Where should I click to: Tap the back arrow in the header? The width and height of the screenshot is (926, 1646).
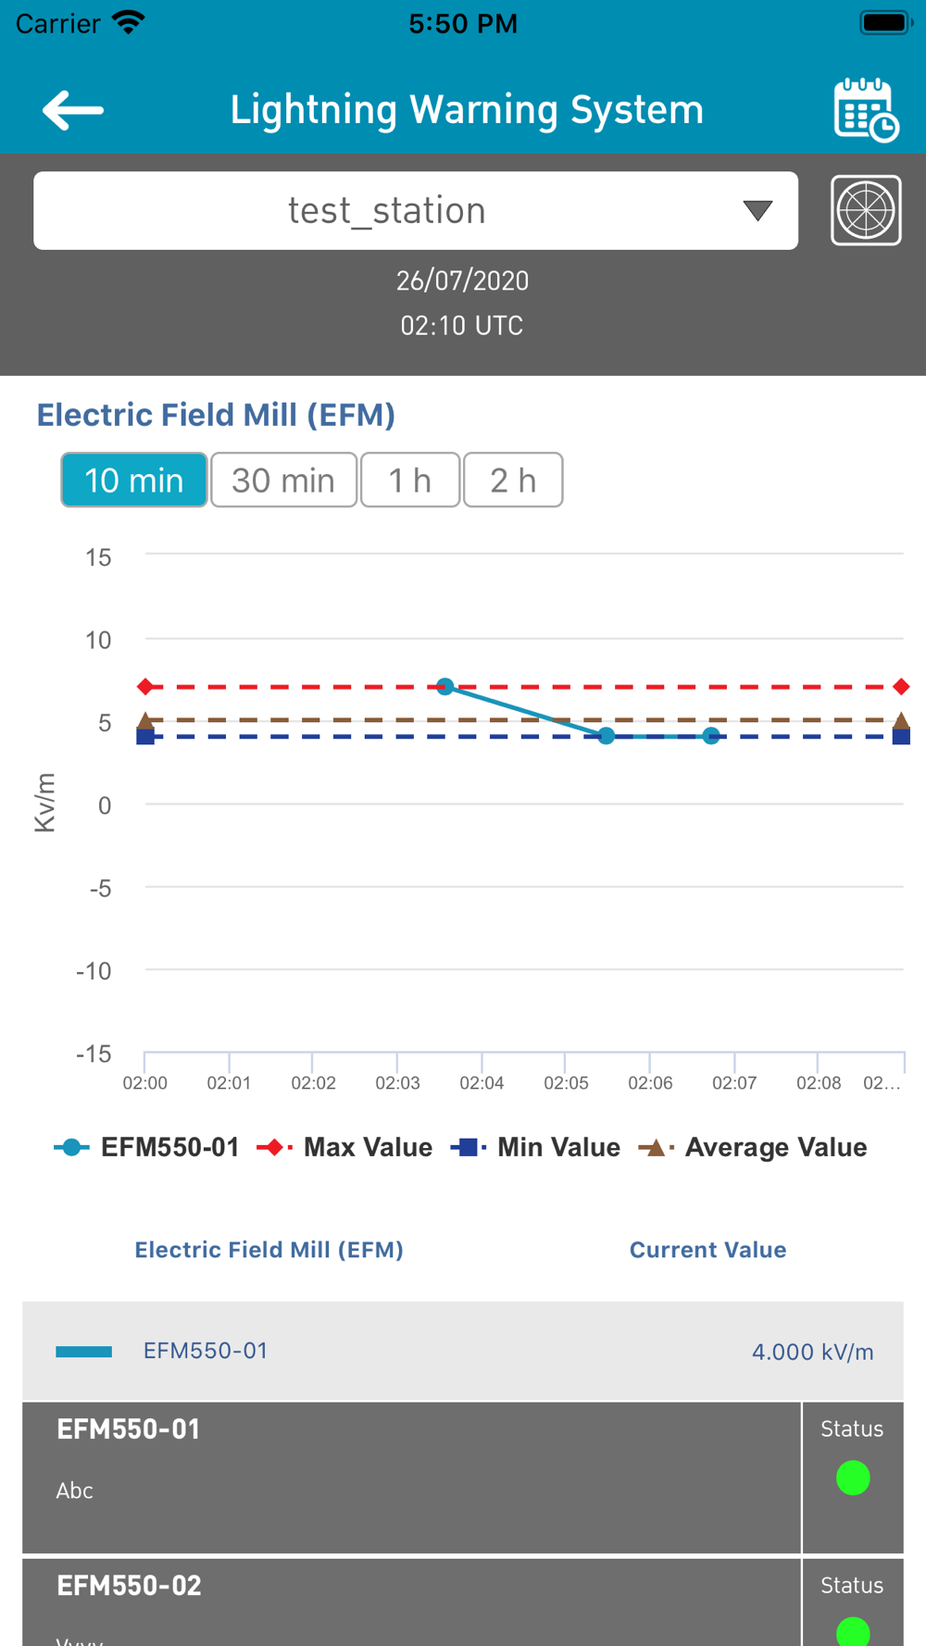72,110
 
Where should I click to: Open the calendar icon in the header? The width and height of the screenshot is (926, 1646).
865,110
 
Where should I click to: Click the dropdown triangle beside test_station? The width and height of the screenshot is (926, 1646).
757,211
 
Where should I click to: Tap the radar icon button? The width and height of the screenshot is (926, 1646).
866,210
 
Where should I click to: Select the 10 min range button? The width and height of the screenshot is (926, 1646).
134,480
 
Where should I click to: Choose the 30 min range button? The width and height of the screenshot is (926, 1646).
283,480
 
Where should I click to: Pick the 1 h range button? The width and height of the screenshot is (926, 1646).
409,480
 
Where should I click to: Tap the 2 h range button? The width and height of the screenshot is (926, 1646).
513,480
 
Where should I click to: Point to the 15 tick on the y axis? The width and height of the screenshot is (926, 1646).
98,557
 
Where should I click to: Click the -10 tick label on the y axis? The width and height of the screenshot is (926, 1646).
94,971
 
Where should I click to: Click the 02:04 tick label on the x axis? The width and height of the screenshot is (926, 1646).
482,1083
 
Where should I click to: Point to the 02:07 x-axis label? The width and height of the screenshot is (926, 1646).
734,1083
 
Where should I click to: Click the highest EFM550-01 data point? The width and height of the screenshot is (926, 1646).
445,686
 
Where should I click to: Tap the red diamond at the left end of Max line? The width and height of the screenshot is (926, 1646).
145,686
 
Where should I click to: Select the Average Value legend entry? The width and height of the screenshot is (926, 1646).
754,1148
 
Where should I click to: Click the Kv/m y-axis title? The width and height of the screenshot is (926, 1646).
44,803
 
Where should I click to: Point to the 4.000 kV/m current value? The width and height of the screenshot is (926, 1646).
812,1353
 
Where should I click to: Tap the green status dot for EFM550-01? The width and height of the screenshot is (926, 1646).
853,1478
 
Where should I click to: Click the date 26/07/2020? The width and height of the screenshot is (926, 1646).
462,281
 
